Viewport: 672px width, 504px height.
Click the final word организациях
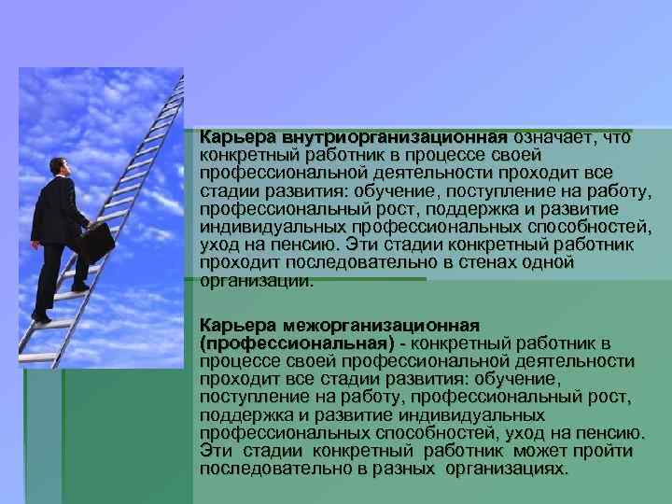point(506,469)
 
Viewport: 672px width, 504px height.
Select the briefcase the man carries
point(95,245)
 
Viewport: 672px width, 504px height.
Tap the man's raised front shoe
point(82,286)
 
